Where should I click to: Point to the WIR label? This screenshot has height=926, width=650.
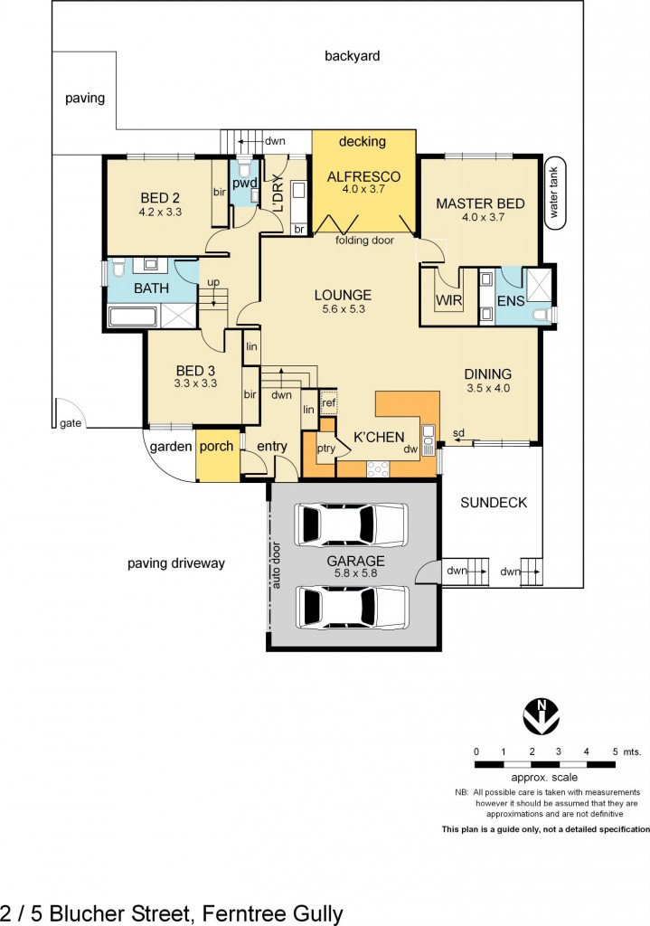click(448, 299)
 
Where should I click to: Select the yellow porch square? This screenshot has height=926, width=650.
click(216, 460)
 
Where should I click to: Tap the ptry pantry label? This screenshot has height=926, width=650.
click(325, 448)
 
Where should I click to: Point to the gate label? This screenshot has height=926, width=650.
click(71, 423)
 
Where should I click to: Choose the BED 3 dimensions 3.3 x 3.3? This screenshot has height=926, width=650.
click(195, 384)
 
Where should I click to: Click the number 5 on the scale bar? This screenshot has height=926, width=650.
click(615, 751)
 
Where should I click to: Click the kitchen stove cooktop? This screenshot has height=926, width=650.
click(377, 468)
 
